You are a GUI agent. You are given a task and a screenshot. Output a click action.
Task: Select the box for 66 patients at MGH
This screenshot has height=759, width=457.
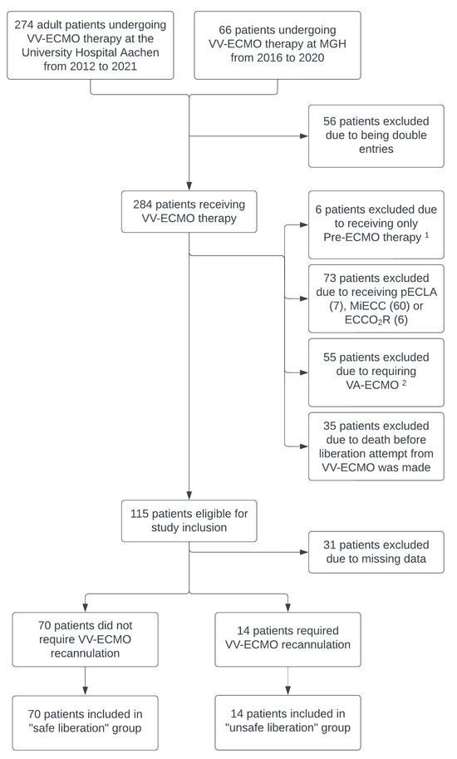278,45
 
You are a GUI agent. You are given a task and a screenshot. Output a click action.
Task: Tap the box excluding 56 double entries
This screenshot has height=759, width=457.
375,135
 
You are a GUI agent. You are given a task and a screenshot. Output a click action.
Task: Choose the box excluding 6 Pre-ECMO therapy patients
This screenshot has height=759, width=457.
376,224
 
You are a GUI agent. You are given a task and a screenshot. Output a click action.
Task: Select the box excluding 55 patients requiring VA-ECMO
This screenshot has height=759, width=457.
376,371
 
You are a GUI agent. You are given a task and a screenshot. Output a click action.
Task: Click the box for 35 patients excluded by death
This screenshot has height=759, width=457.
376,446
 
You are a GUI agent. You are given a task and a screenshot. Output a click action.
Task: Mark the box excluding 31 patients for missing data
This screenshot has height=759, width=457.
376,551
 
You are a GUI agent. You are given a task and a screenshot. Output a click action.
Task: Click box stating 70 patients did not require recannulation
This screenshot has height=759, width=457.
85,638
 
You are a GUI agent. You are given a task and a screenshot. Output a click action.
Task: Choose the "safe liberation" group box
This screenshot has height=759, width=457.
85,722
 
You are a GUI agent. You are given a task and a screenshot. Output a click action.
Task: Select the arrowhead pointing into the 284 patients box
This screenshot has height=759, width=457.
189,186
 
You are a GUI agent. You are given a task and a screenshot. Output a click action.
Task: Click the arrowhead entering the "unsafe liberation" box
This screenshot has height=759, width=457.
288,692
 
